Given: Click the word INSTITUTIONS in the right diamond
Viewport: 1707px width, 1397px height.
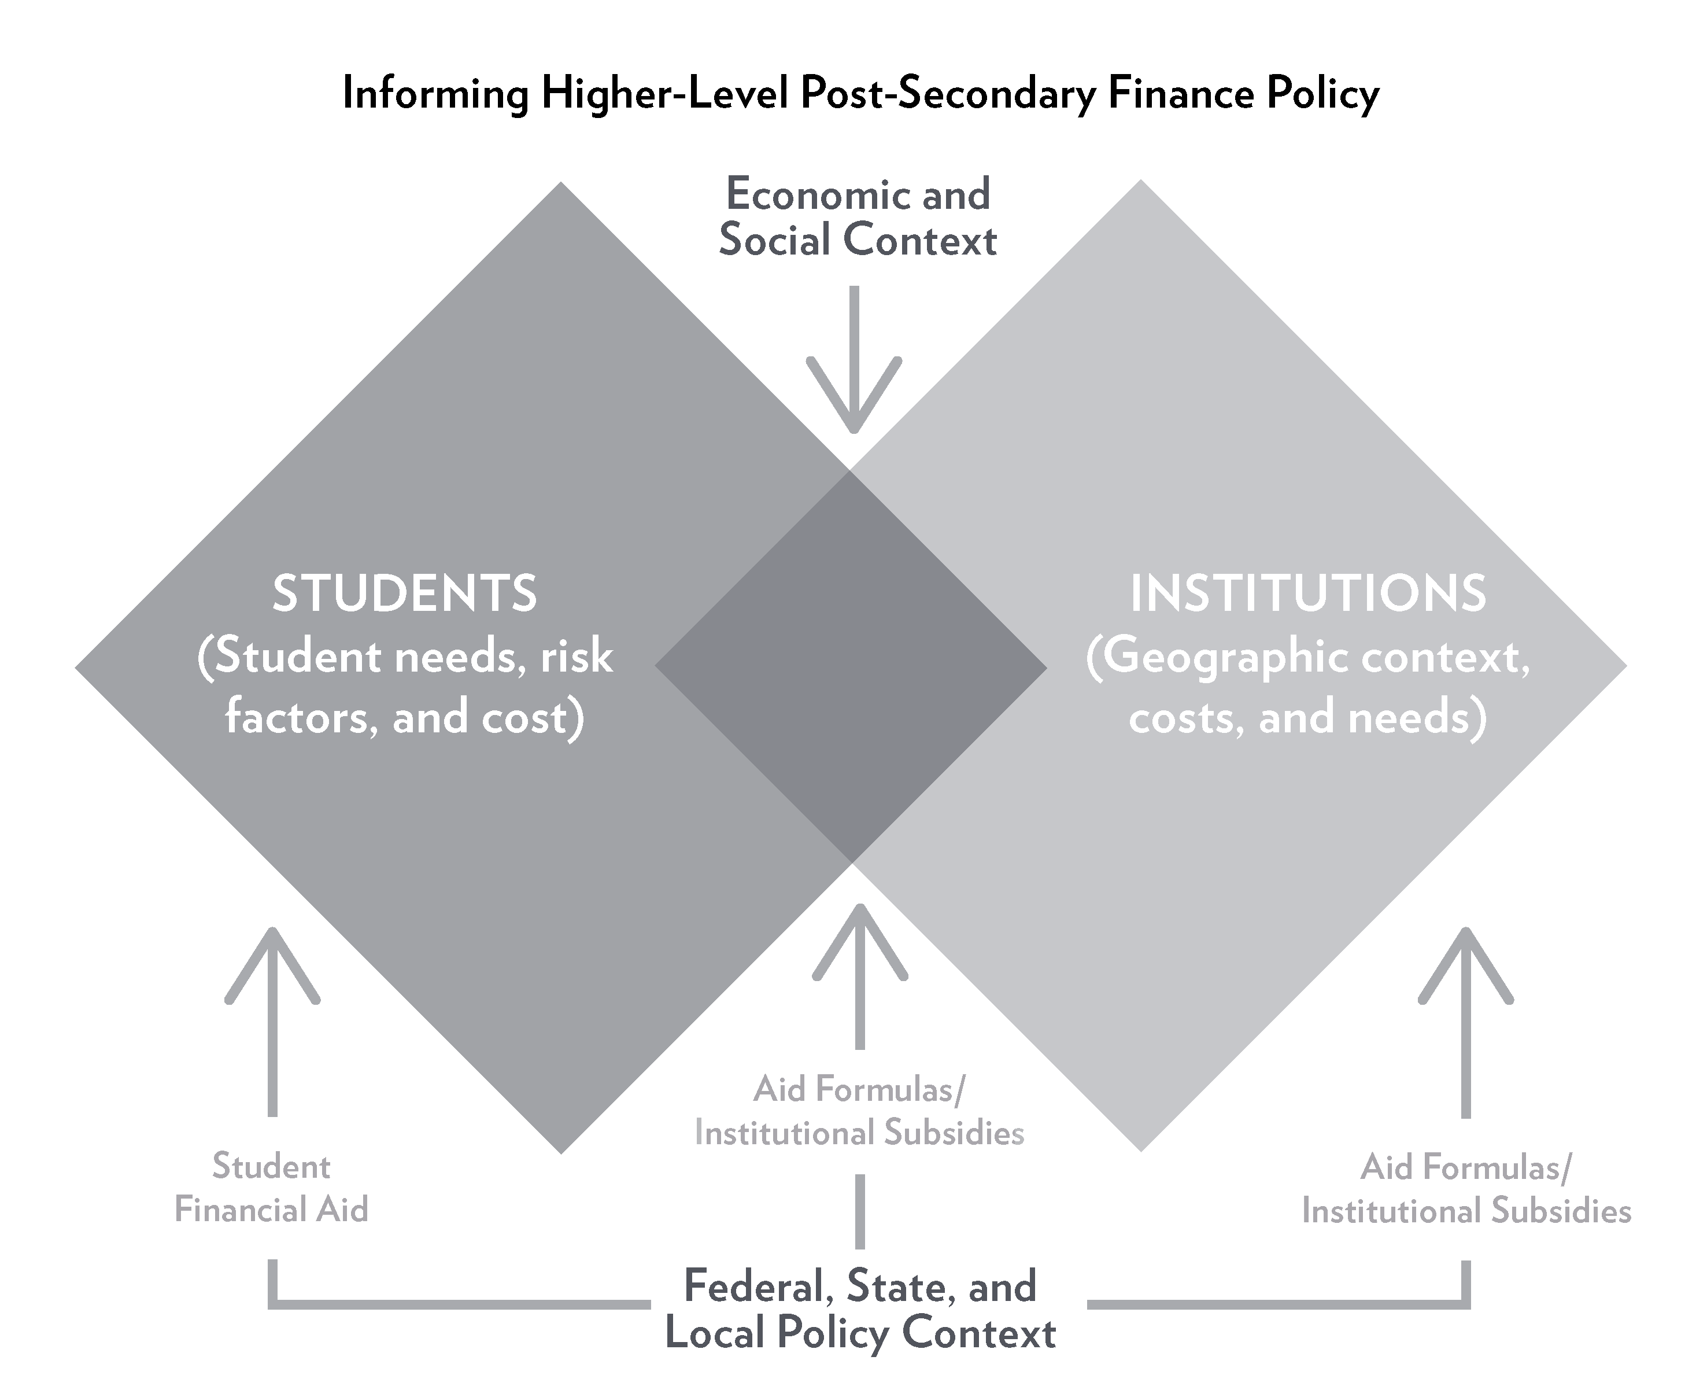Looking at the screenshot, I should coord(1308,594).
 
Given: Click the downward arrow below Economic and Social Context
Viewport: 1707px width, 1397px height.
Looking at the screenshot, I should coord(854,362).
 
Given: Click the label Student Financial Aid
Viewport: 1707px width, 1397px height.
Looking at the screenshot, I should coord(272,1188).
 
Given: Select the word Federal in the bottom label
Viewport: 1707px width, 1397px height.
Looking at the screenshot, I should coord(757,1286).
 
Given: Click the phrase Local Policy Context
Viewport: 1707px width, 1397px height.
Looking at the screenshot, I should coord(860,1333).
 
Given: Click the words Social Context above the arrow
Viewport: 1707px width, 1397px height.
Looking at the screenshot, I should coord(858,241).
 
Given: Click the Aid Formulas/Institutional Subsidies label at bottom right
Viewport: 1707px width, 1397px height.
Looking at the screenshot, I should coord(1466,1189).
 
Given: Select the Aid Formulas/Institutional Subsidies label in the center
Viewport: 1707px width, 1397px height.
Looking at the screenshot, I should coord(859,1111).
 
